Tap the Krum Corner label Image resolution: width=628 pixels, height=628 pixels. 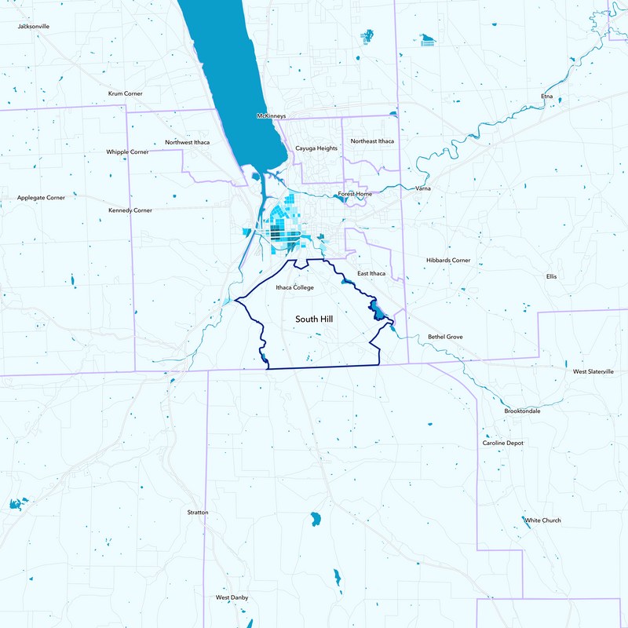point(125,93)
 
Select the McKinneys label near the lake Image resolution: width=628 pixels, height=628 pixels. point(272,116)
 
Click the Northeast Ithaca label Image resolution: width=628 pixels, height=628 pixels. point(372,141)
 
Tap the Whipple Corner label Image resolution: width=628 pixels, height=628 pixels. point(127,152)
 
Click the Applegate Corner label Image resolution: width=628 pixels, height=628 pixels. point(41,198)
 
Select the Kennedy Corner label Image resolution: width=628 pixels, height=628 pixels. point(130,210)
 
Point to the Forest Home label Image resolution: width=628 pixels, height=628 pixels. point(355,193)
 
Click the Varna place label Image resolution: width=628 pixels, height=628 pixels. point(423,189)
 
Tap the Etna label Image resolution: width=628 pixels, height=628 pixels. point(547,97)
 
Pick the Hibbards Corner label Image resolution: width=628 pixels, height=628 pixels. point(448,260)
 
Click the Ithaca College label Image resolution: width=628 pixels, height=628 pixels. point(294,288)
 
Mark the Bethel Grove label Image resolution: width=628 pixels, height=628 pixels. point(445,337)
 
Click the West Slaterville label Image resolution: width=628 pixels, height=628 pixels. point(593,371)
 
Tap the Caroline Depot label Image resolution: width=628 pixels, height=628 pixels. point(502,443)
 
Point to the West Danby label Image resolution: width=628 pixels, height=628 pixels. point(232,598)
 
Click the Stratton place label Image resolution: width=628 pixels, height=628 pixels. point(198,513)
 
